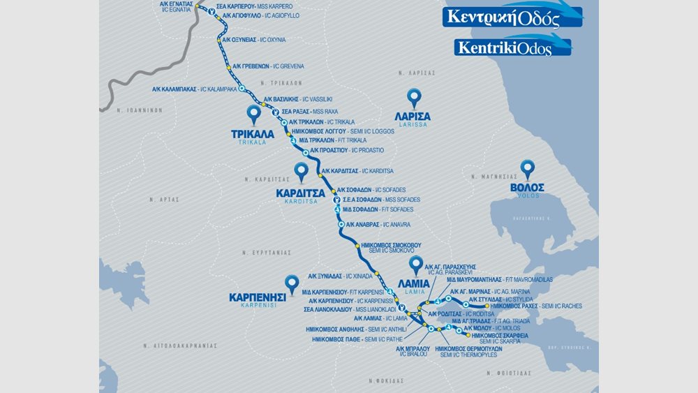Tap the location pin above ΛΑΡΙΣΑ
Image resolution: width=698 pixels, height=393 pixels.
point(415,98)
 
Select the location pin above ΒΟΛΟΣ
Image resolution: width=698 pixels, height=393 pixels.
point(528,169)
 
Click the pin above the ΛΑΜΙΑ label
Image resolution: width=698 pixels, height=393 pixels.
point(416,265)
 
